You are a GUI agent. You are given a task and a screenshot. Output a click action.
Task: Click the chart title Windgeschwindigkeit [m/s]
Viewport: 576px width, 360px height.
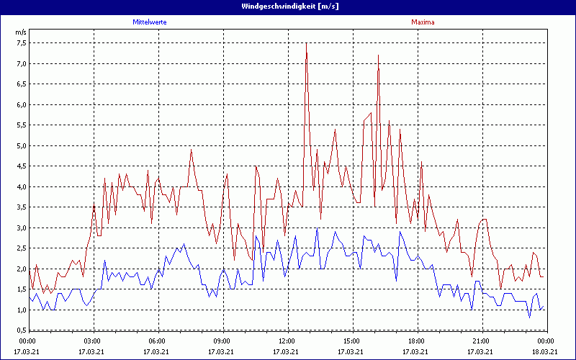pyautogui.click(x=288, y=6)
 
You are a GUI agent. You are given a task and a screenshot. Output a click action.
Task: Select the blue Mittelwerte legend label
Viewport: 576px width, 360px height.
pyautogui.click(x=154, y=22)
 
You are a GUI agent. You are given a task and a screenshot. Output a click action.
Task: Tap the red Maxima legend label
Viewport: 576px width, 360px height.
pyautogui.click(x=423, y=22)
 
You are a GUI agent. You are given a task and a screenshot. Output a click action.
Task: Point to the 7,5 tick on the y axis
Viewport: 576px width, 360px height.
pyautogui.click(x=21, y=43)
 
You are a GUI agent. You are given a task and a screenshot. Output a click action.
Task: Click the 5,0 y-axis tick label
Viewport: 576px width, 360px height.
pyautogui.click(x=21, y=146)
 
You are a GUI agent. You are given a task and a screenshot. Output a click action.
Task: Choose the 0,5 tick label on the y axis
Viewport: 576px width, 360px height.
pyautogui.click(x=21, y=330)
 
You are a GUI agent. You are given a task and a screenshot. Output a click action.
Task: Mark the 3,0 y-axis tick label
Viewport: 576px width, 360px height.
pyautogui.click(x=21, y=228)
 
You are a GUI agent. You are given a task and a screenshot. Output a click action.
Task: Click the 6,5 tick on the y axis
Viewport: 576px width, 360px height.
pyautogui.click(x=21, y=84)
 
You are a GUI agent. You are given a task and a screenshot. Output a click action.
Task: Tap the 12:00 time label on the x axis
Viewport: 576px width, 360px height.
pyautogui.click(x=287, y=341)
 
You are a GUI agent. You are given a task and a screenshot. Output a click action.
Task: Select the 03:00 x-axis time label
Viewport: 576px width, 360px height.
pyautogui.click(x=93, y=341)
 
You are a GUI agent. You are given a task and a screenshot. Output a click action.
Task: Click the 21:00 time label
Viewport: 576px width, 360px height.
pyautogui.click(x=480, y=341)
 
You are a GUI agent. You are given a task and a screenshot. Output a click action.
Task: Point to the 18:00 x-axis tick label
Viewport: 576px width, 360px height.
pyautogui.click(x=415, y=341)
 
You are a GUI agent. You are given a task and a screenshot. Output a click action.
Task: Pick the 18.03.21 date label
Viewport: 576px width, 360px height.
pyautogui.click(x=545, y=351)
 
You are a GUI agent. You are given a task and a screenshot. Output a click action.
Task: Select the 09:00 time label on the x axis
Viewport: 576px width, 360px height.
pyautogui.click(x=222, y=341)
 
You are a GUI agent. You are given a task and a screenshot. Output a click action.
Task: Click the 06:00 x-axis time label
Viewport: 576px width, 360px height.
pyautogui.click(x=157, y=341)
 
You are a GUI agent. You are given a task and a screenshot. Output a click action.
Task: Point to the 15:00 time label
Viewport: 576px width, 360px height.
pyautogui.click(x=351, y=341)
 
